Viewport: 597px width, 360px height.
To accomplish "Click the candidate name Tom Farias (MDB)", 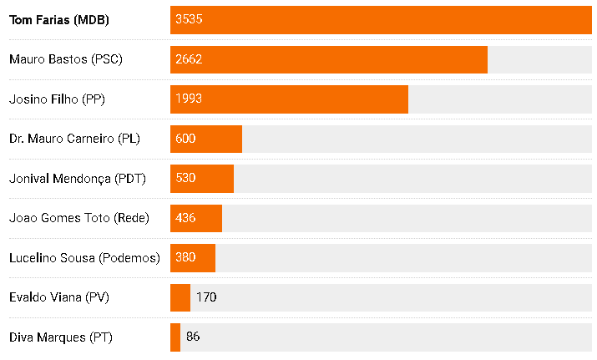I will [58, 19].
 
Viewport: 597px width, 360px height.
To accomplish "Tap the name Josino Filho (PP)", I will [57, 99].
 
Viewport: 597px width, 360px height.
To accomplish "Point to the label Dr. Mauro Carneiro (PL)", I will [74, 139].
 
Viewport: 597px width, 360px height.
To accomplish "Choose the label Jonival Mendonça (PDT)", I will [77, 179].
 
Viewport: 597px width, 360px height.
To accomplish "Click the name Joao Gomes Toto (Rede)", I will [79, 218].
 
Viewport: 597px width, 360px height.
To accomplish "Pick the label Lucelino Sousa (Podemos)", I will [84, 258].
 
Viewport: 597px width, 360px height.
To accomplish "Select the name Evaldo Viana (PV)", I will [58, 297].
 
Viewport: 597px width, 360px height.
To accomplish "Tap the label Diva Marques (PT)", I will [60, 337].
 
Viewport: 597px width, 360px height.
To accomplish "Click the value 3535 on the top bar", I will [189, 19].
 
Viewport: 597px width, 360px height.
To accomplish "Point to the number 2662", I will [189, 59].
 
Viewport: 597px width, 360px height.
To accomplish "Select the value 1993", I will [189, 99].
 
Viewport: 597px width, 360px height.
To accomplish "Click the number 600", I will [185, 139].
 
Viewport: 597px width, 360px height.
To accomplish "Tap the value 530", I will [185, 179].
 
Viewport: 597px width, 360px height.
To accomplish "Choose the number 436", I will [185, 218].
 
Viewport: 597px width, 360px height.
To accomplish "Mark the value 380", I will [185, 258].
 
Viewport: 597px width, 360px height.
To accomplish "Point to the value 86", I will [193, 337].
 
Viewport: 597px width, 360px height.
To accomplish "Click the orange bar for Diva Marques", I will [175, 337].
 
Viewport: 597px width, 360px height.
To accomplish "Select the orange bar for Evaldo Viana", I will [180, 297].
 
